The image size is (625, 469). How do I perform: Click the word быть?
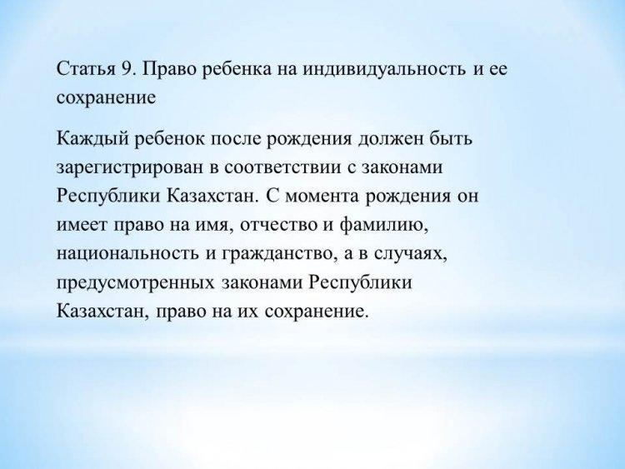tap(451, 138)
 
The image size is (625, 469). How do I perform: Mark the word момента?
tap(322, 197)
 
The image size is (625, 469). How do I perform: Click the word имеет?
tap(82, 225)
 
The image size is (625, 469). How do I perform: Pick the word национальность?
tap(127, 254)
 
